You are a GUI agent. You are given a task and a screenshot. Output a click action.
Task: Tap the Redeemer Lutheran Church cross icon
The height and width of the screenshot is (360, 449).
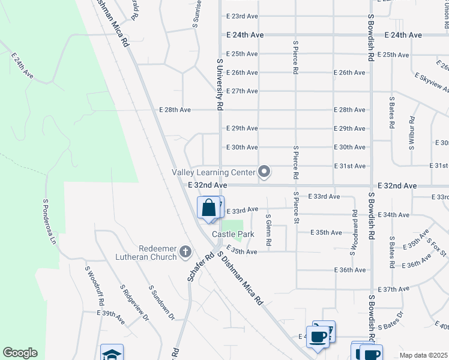185,252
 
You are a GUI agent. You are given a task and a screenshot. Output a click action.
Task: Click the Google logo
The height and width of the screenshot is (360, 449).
20,353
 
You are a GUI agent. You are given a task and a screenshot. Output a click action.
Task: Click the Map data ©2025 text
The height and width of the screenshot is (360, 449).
423,355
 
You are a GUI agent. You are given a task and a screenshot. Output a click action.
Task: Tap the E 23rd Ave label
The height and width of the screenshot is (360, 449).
242,16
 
